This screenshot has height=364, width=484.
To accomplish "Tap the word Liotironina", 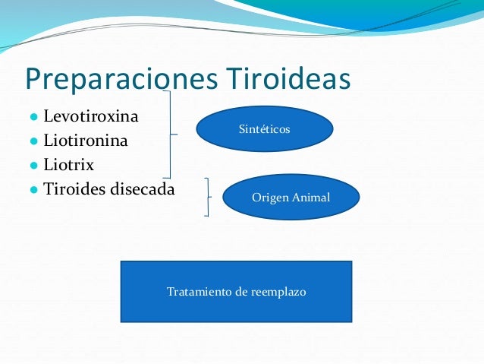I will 86,141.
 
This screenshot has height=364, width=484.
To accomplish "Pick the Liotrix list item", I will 69,164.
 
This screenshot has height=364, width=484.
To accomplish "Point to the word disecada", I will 141,188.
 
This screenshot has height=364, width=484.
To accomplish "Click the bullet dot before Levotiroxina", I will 34,119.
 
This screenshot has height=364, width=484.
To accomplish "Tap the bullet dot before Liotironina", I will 34,141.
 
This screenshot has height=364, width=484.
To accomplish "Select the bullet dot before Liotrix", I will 34,165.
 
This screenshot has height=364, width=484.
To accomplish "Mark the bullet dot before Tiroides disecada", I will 34,188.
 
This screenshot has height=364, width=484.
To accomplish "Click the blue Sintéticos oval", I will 264,129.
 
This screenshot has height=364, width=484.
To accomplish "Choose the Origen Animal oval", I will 291,198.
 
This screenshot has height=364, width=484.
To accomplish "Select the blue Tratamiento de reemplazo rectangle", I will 236,291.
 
